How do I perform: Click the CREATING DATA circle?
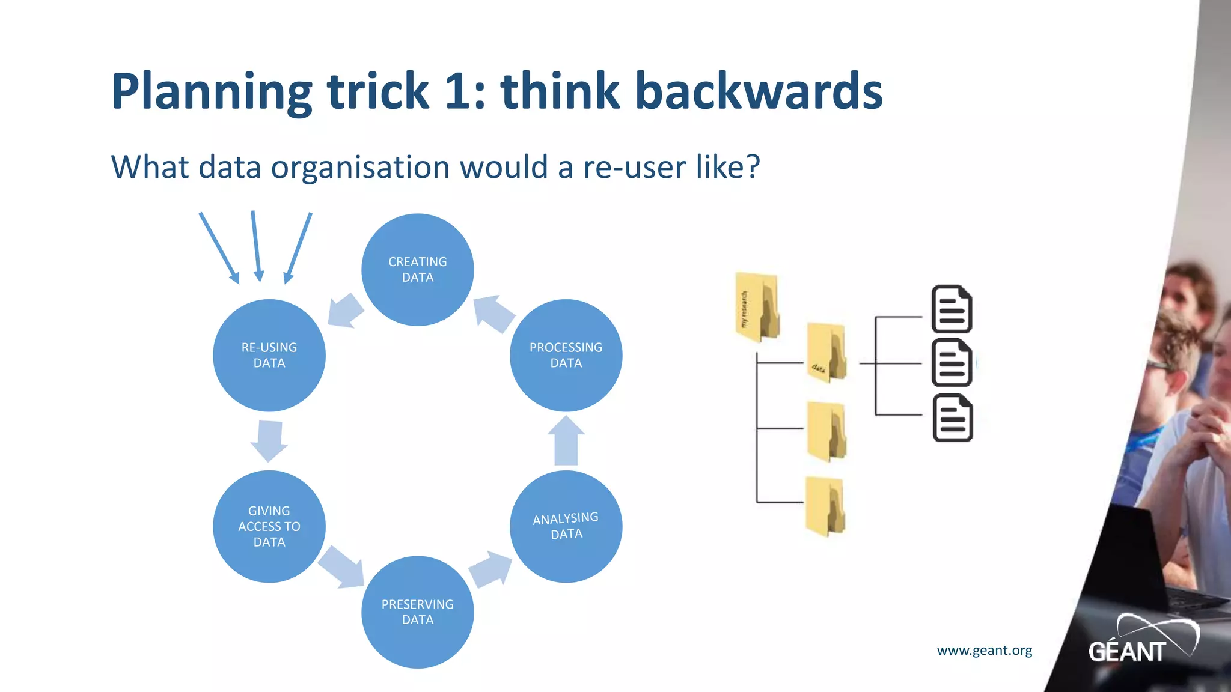417,270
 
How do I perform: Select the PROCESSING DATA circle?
566,355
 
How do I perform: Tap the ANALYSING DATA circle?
566,526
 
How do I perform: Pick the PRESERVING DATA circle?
417,612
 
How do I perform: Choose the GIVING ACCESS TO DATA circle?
269,526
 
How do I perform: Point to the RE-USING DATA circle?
269,355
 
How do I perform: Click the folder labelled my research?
757,307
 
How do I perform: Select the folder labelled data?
826,353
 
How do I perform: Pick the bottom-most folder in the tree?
825,506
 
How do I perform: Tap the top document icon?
952,309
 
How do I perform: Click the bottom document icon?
953,418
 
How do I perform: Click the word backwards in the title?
759,91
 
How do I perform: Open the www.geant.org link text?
984,650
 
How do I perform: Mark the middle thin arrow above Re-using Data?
256,246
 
